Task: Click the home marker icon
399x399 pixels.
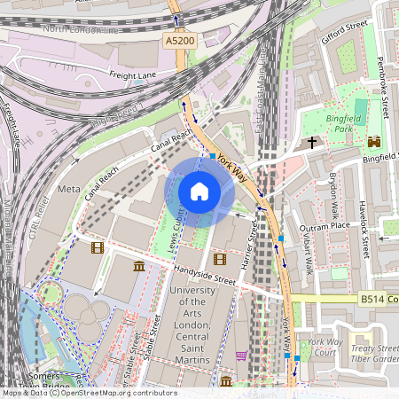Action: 199,192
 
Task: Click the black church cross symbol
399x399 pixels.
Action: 311,142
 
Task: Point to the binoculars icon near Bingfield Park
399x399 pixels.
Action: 374,141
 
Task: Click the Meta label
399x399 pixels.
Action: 68,190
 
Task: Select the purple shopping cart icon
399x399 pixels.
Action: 241,356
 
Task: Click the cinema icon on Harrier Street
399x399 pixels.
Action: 220,260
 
